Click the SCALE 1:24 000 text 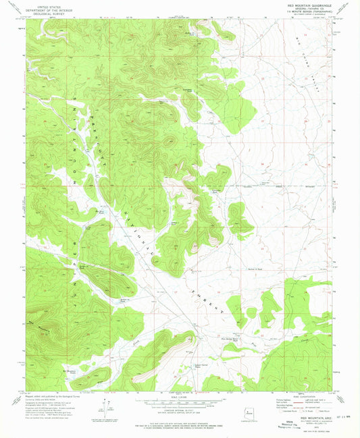[x=180, y=396]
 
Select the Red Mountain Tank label [x=72, y=371]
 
